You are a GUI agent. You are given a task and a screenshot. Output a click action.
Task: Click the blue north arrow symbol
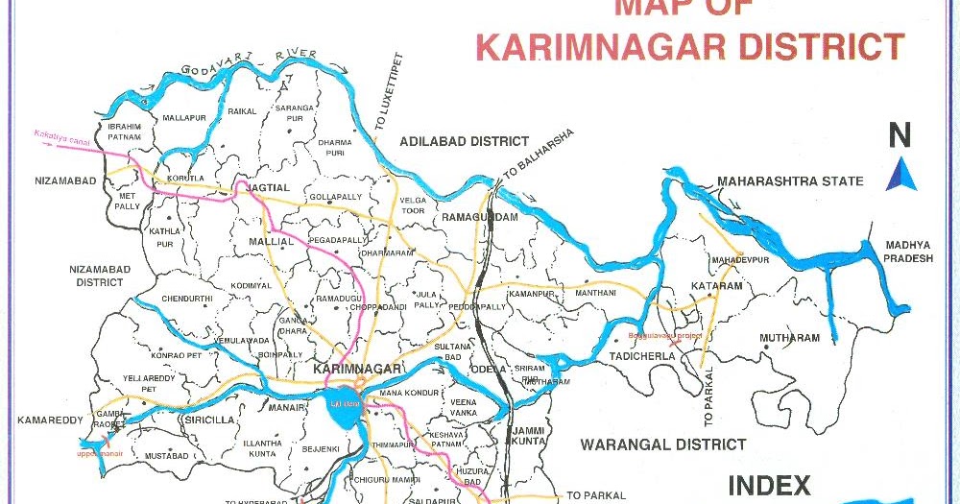click(x=900, y=175)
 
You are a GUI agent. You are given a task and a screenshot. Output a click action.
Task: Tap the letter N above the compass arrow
click(x=900, y=136)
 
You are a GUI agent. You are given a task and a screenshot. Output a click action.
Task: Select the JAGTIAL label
click(x=268, y=186)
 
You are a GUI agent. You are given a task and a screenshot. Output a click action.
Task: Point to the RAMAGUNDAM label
click(x=479, y=218)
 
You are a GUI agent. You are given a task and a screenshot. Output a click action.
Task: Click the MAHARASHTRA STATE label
click(x=790, y=181)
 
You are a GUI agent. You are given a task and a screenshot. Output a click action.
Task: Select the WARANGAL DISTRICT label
click(x=662, y=444)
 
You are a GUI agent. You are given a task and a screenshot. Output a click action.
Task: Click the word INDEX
click(x=769, y=485)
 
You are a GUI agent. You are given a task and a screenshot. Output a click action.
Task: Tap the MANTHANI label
click(x=595, y=292)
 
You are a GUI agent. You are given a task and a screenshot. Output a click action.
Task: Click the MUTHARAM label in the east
click(x=789, y=338)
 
